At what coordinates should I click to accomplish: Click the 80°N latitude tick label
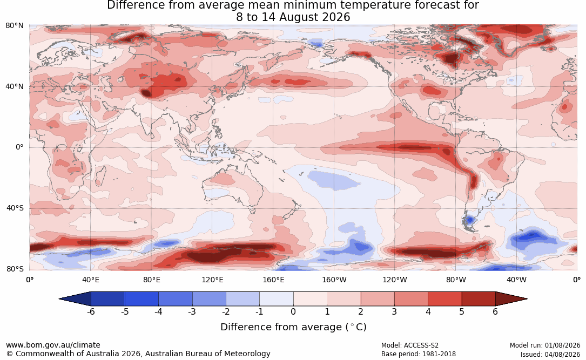point(14,25)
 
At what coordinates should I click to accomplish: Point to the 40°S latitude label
point(15,208)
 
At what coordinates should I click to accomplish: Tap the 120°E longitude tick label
point(212,280)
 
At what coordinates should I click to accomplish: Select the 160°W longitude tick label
point(334,280)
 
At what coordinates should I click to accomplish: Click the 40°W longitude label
point(517,280)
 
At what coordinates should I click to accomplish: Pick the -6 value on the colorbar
point(91,311)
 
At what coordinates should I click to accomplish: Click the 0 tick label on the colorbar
point(293,311)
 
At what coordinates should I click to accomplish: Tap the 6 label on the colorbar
point(495,311)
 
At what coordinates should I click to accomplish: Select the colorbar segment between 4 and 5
point(444,299)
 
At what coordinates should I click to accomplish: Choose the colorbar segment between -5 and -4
point(142,299)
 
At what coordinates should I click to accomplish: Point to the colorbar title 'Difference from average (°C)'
point(293,327)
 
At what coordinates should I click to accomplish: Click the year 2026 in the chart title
point(337,17)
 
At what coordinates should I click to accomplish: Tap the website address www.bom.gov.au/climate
point(53,345)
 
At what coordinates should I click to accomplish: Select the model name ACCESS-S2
point(421,345)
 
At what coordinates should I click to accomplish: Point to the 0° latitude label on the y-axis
point(19,147)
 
